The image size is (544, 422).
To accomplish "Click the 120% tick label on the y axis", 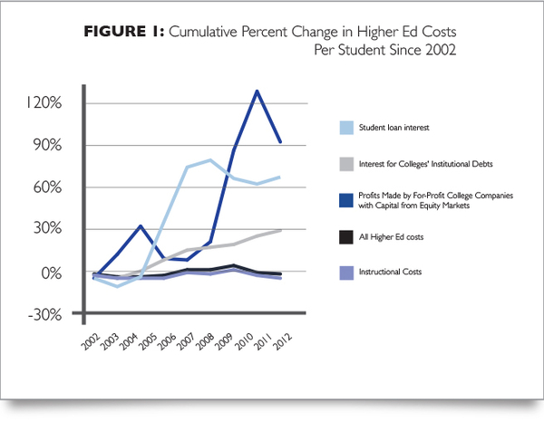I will (x=44, y=102).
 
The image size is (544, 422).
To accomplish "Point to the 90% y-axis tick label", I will (x=46, y=145).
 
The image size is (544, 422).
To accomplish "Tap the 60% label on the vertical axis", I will (x=46, y=187).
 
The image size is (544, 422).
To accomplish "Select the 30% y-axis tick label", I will (x=46, y=230).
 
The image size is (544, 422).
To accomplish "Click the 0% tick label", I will (x=50, y=273).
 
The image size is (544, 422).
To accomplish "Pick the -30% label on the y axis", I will (x=44, y=315).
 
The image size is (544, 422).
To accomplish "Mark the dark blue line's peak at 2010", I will (x=257, y=91).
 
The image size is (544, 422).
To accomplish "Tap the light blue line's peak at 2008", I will (x=210, y=160).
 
